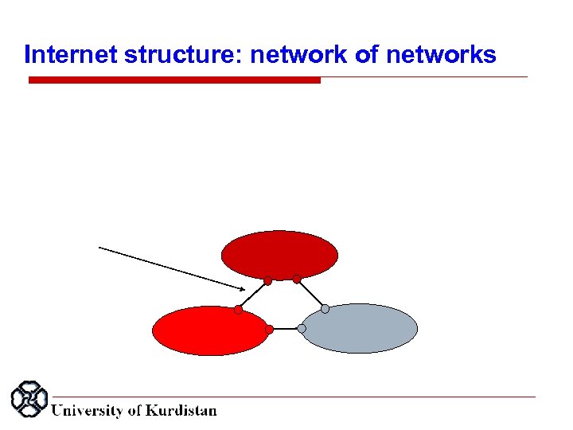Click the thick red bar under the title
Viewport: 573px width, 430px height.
click(x=174, y=80)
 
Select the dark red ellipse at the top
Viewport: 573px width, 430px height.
click(x=279, y=253)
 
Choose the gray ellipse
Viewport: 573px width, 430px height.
click(x=361, y=328)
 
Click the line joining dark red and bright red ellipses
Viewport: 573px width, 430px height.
click(x=253, y=295)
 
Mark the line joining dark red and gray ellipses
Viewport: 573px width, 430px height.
click(x=310, y=294)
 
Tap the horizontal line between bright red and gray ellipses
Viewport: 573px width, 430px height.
click(x=285, y=329)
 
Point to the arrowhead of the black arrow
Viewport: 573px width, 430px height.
click(x=244, y=287)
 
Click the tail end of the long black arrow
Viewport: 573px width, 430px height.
click(x=100, y=248)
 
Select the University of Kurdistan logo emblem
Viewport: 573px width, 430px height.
click(x=29, y=400)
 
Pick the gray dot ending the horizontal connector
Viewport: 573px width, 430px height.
click(x=302, y=329)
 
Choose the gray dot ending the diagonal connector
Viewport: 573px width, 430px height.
click(x=325, y=309)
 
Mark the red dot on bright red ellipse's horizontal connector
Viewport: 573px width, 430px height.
click(x=269, y=329)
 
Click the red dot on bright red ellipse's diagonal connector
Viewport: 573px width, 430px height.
click(x=238, y=310)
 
